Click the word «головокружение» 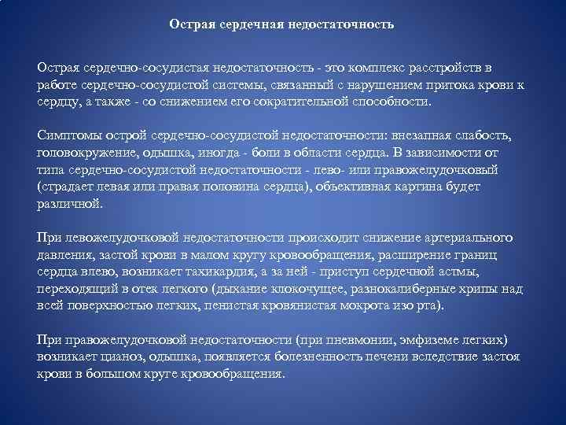coord(84,153)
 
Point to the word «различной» coord(69,203)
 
